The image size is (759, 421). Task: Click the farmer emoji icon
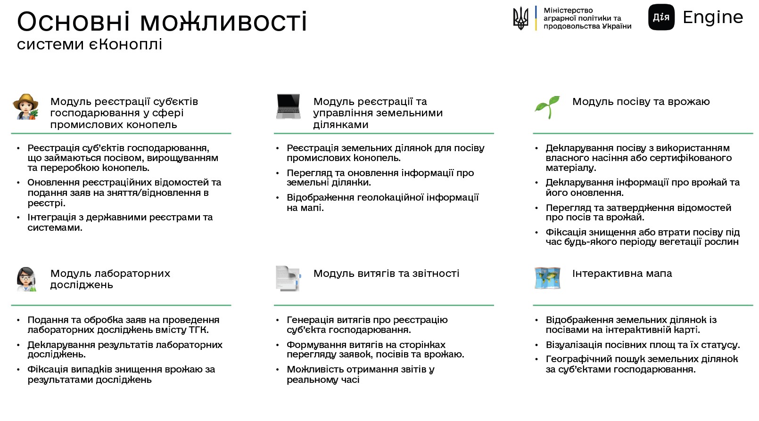point(26,106)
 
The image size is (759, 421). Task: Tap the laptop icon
point(289,106)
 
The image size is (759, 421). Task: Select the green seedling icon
point(547,107)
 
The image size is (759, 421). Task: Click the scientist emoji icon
point(26,279)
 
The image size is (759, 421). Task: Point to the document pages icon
point(288,278)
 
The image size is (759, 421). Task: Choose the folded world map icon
point(548,278)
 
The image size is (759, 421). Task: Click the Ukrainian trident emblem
point(520,18)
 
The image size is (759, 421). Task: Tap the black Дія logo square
point(661,17)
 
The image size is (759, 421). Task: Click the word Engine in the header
point(713,17)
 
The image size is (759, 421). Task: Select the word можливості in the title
point(223,21)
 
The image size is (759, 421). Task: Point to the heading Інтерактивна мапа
point(622,274)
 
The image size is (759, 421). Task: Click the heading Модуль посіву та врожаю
point(641,102)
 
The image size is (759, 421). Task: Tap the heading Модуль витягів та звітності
point(386,274)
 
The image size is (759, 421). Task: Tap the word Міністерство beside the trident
point(568,10)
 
